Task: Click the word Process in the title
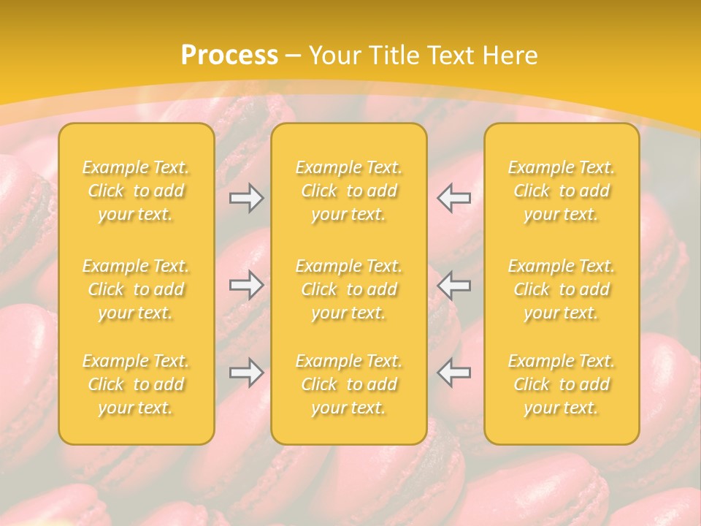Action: click(229, 56)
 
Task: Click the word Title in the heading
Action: click(396, 56)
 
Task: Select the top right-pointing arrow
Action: click(247, 198)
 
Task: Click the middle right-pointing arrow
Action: click(247, 285)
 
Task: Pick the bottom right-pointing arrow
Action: click(247, 373)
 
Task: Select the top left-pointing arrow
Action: click(454, 198)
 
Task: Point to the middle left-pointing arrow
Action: click(454, 285)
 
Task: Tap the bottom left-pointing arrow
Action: click(454, 373)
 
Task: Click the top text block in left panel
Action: click(136, 191)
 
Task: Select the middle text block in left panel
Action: click(136, 289)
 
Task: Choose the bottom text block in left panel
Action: click(136, 384)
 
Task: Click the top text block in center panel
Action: click(349, 191)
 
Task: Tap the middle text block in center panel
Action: click(349, 289)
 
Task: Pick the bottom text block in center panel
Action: click(349, 384)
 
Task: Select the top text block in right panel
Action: click(562, 191)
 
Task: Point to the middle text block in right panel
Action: click(562, 289)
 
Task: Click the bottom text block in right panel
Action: click(562, 384)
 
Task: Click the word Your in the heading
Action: click(334, 56)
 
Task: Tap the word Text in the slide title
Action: click(450, 56)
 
